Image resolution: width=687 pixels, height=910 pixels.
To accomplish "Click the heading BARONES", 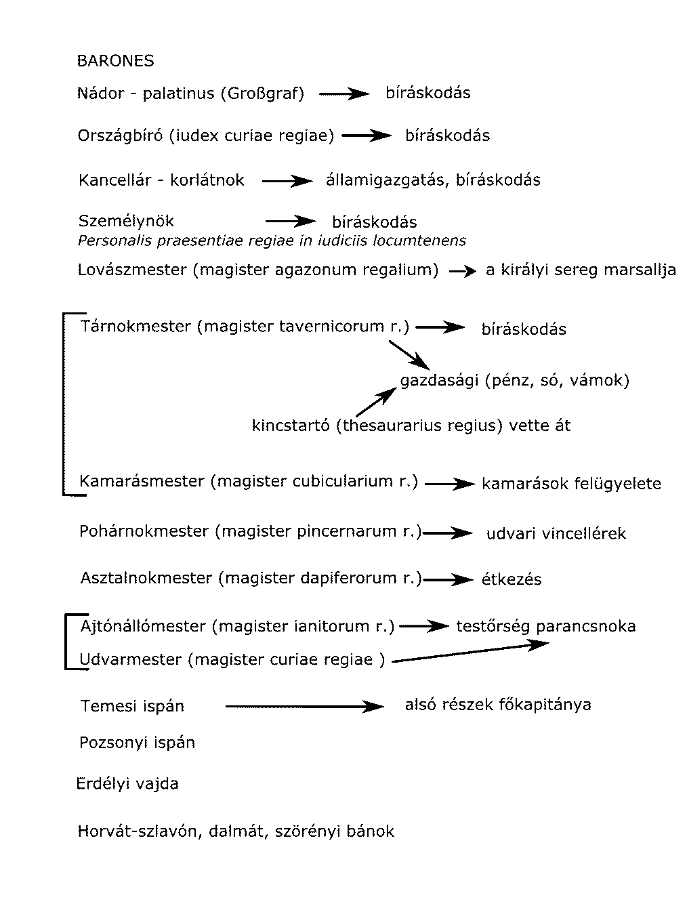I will pyautogui.click(x=115, y=61).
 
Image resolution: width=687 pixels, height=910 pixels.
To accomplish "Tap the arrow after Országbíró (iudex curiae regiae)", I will pyautogui.click(x=367, y=136).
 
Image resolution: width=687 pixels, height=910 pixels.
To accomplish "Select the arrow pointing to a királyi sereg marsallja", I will pyautogui.click(x=462, y=271).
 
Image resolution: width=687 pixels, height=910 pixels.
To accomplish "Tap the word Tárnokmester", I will pyautogui.click(x=136, y=327).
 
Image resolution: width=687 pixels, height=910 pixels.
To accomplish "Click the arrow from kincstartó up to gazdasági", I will pyautogui.click(x=376, y=401).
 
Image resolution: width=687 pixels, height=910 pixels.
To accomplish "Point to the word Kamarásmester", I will pyautogui.click(x=142, y=481).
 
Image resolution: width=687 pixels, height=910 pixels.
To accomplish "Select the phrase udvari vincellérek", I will pyautogui.click(x=556, y=534).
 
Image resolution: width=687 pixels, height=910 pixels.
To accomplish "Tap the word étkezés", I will pyautogui.click(x=512, y=580).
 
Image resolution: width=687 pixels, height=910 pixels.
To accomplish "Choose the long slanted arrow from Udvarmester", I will pyautogui.click(x=470, y=652).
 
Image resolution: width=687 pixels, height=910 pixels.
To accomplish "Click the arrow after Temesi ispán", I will pyautogui.click(x=304, y=707).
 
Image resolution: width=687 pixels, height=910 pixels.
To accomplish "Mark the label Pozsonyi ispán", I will pyautogui.click(x=137, y=743).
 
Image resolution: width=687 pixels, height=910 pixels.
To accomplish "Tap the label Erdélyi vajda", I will pyautogui.click(x=127, y=784).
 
